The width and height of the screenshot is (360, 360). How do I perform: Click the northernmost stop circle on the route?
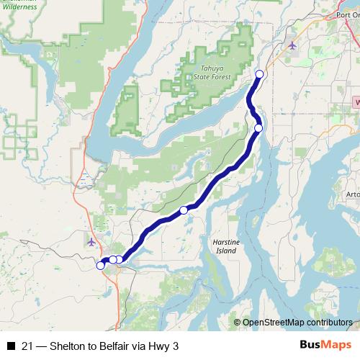pos(260,74)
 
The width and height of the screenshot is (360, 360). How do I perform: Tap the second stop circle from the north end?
pos(258,128)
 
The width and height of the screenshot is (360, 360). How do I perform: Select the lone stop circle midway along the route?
pos(184,210)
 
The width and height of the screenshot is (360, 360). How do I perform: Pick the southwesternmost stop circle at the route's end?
pos(100,266)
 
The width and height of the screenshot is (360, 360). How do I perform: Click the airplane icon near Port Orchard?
pos(292,45)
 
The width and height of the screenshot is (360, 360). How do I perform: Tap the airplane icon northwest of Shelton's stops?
pos(91,241)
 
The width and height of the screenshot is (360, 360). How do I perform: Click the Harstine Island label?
pos(225,246)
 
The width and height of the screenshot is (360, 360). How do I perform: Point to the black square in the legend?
pos(11,346)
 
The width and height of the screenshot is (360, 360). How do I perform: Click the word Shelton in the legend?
pos(68,346)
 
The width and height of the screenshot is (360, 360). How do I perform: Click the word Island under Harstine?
pos(225,251)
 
